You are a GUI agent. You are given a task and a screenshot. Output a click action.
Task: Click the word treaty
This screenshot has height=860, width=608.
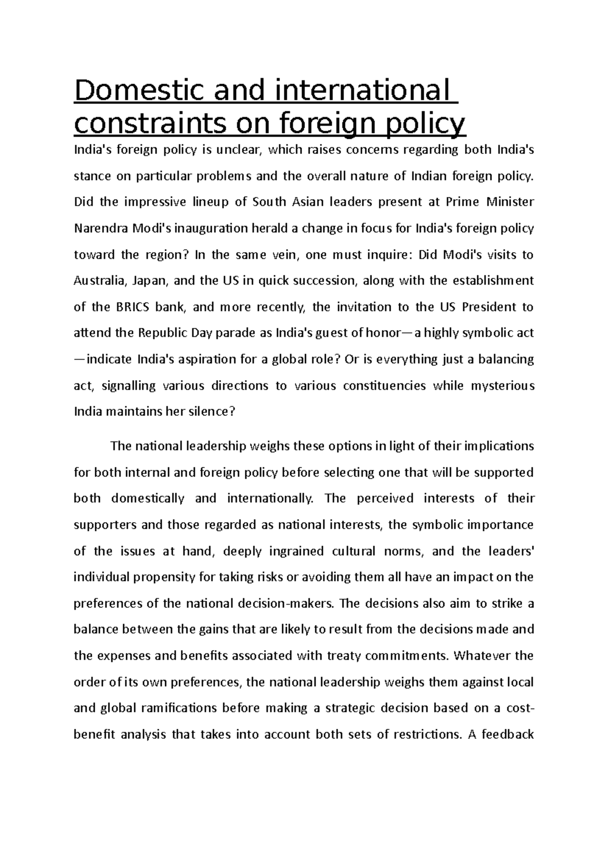(340, 656)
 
